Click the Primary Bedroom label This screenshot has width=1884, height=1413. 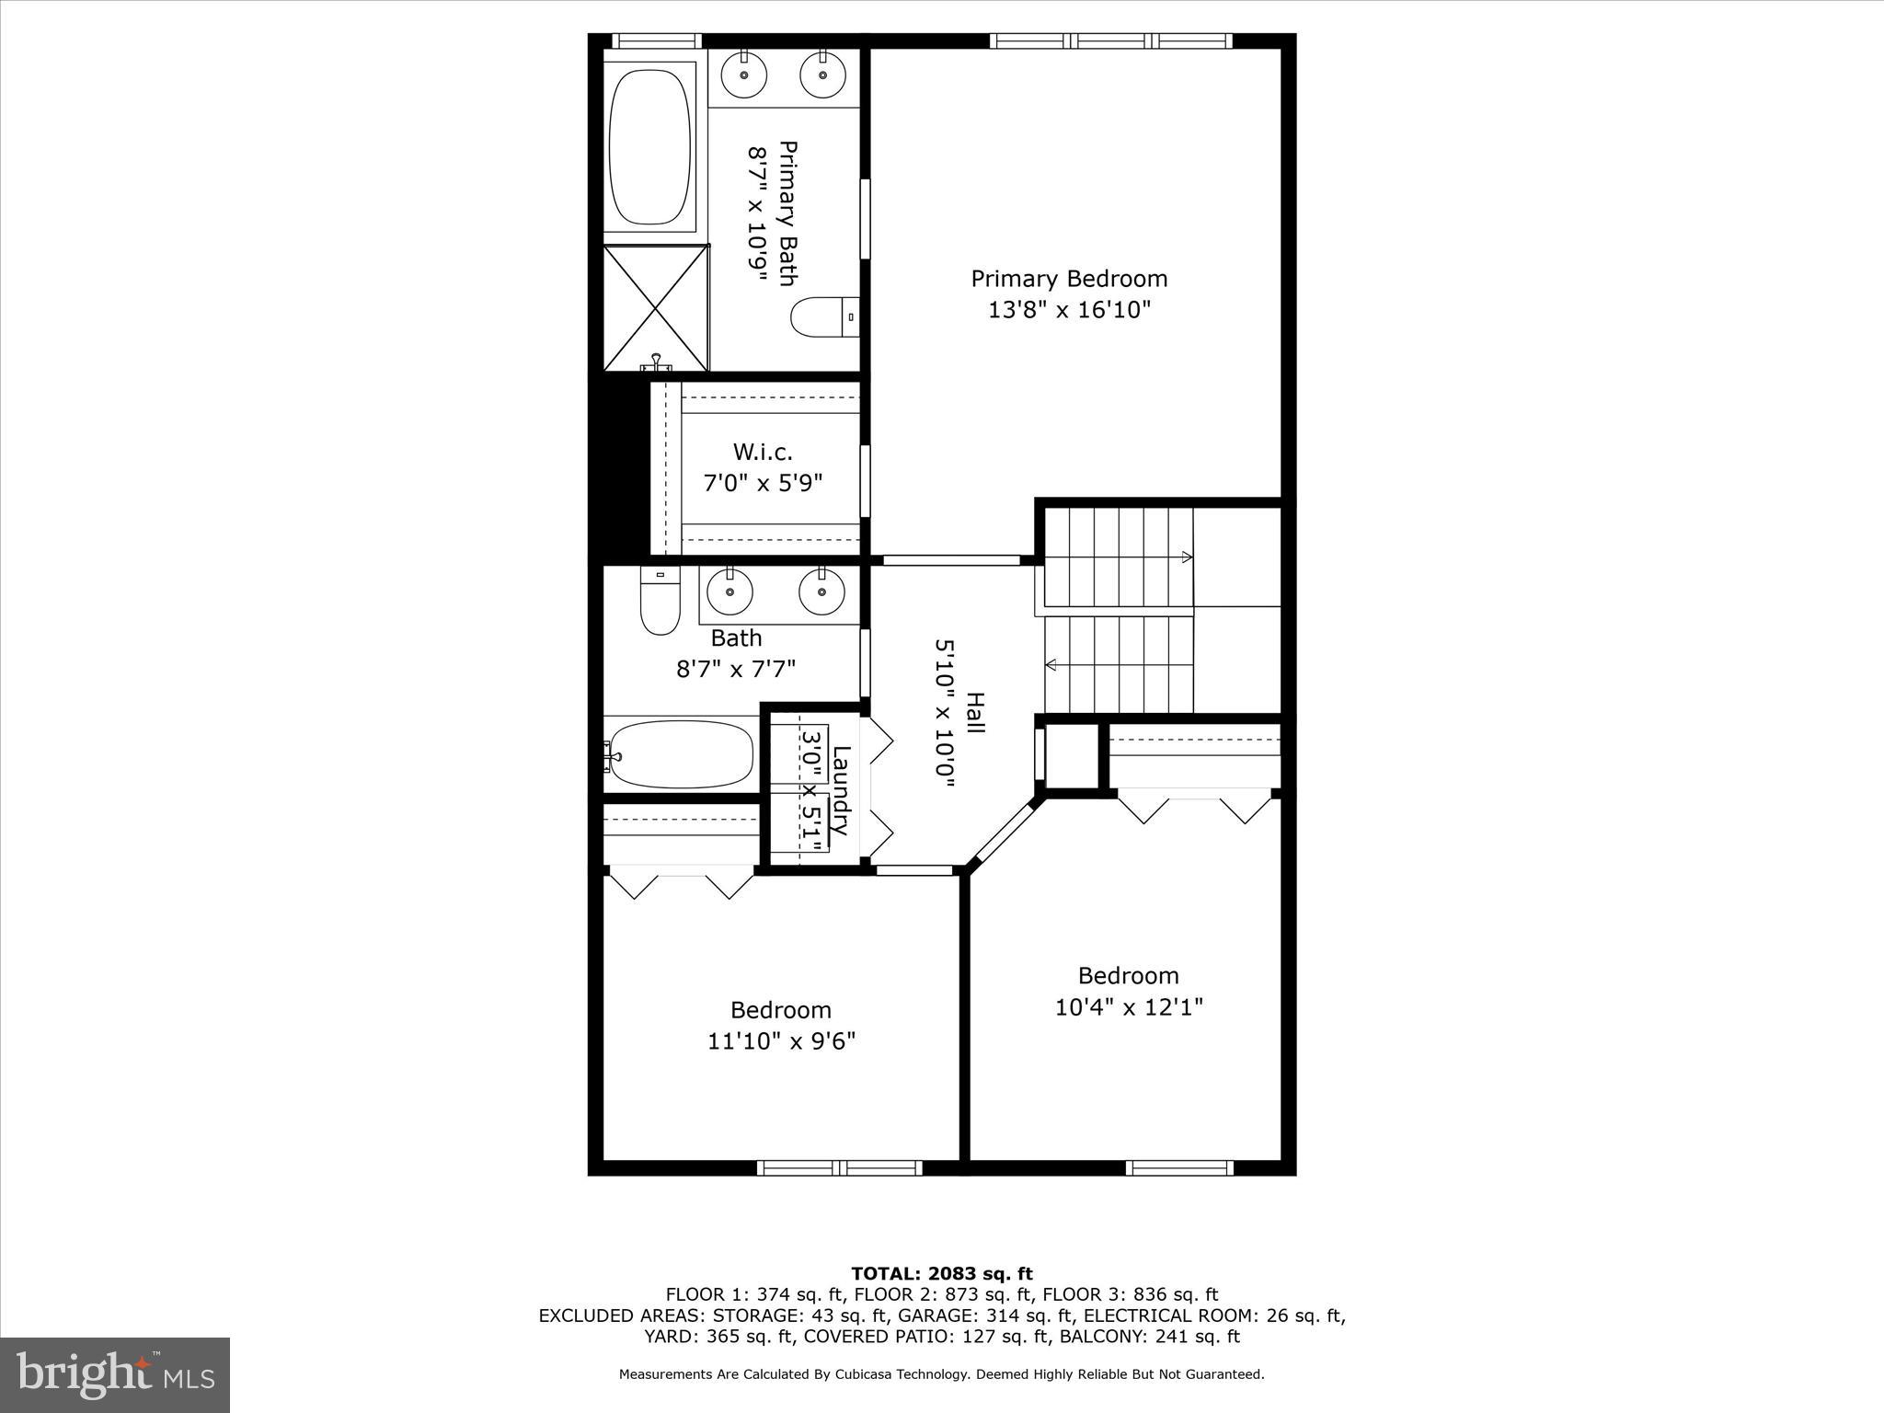coord(1069,279)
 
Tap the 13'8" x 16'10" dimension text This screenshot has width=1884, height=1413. coord(1069,310)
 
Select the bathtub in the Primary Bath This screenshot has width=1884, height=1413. coord(649,145)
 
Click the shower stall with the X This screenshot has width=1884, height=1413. coord(656,307)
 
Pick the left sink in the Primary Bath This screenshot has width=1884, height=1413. coord(743,75)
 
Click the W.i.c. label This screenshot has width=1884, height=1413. coord(763,452)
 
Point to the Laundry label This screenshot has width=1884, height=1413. coord(840,789)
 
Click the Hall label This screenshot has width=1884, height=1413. coord(975,713)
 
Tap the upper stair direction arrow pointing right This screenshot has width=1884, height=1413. coord(1187,557)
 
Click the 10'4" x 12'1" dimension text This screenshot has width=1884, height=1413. coord(1129,1007)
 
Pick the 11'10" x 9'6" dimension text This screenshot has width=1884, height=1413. coord(781,1041)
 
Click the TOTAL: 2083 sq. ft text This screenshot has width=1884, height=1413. coord(941,1274)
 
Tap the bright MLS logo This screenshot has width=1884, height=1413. coord(115,1375)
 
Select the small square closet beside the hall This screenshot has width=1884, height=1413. coord(1073,755)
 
